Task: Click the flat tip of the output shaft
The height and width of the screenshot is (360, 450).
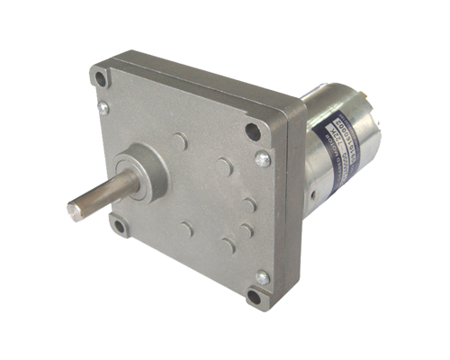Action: [76, 211]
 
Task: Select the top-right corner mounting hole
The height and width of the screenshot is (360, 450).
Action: [254, 131]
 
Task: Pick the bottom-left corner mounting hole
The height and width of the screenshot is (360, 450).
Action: [118, 224]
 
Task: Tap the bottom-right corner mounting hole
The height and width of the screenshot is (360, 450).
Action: [254, 296]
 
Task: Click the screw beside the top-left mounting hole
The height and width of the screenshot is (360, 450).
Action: [103, 107]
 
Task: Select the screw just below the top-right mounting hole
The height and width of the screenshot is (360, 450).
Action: [262, 159]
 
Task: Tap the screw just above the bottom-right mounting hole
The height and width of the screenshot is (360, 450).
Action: [261, 277]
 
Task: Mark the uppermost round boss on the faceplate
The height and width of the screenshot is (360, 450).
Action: [180, 141]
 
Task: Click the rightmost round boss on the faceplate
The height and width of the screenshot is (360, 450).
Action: [249, 205]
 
